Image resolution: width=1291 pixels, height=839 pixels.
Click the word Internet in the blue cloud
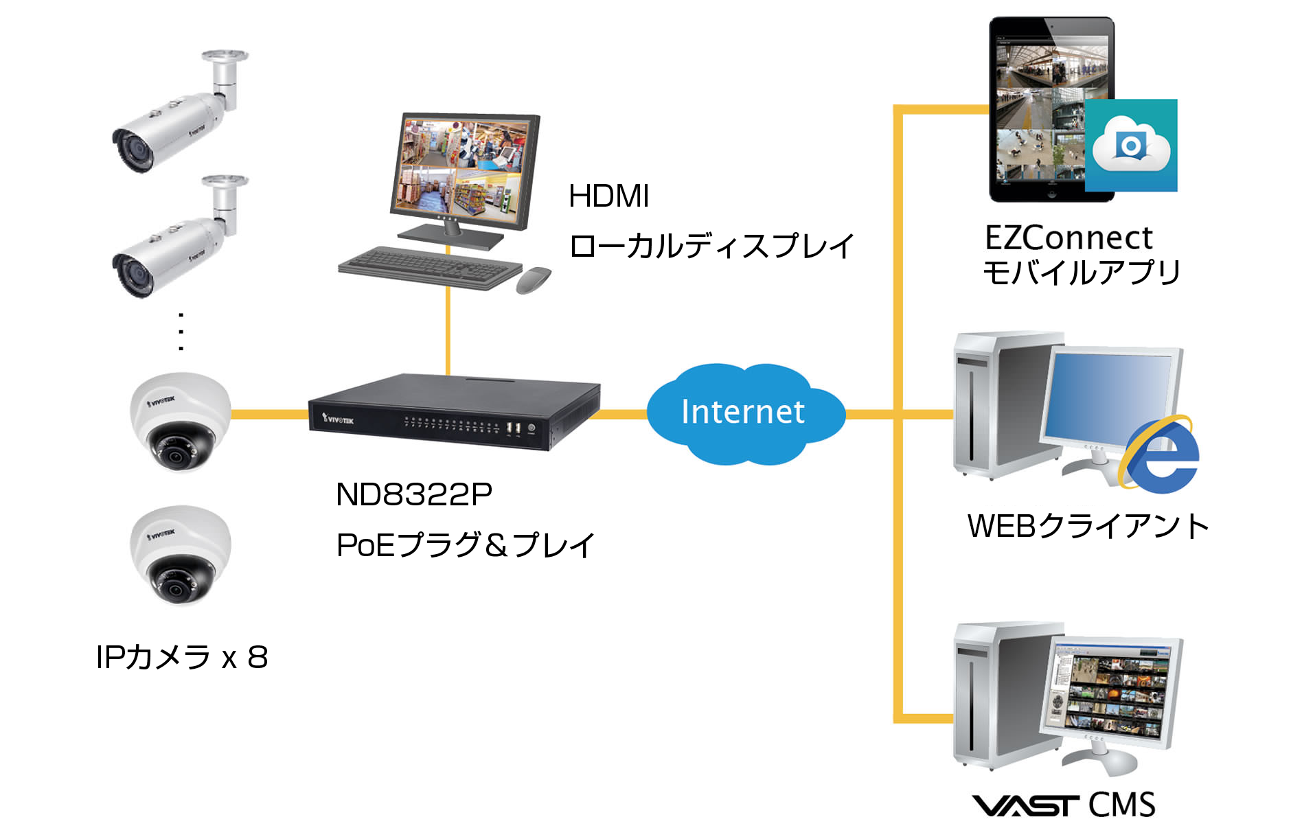click(x=742, y=412)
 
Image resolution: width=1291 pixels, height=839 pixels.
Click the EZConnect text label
click(x=1069, y=238)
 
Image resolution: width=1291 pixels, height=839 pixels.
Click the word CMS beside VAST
click(x=1121, y=805)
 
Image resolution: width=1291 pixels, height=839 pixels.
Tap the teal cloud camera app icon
click(x=1131, y=146)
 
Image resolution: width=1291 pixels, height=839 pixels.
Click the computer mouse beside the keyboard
click(x=534, y=279)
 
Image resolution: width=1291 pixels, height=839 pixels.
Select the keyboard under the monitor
click(x=430, y=268)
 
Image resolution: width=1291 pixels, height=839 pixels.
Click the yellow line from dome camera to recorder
click(x=269, y=414)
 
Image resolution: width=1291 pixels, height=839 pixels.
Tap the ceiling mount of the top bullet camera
click(x=225, y=57)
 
